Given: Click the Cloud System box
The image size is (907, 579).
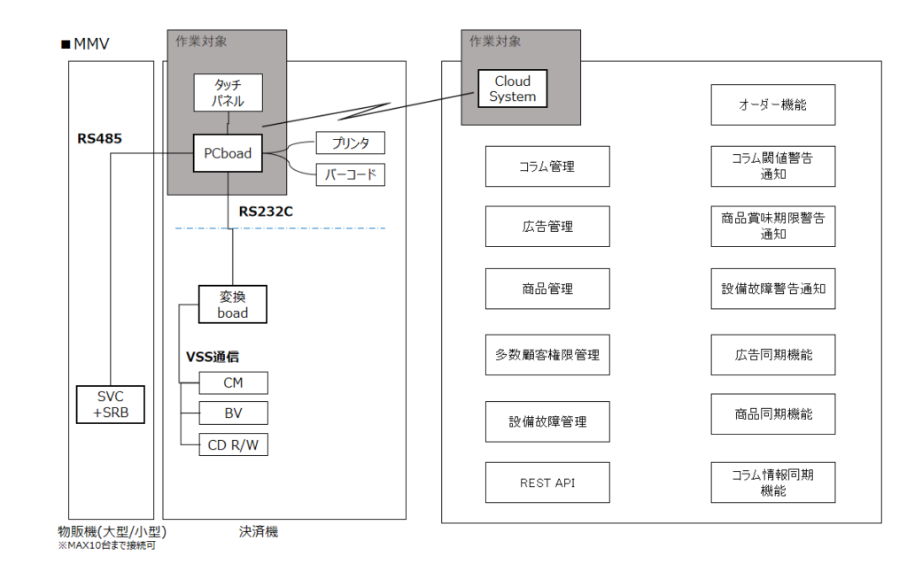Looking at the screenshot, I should coord(513,89).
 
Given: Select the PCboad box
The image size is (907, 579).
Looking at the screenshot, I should coord(228,153).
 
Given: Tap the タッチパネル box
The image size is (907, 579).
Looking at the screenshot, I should coord(228,92).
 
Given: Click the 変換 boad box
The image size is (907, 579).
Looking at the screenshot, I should coord(232,305).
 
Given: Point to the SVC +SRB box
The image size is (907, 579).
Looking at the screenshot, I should coord(109,405).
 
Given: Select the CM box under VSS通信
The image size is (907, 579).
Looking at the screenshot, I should coord(233,382).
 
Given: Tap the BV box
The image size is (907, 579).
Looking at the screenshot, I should coord(233,413).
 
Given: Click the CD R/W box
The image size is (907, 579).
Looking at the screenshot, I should coord(233,444).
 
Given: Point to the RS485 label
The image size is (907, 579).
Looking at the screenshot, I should coord(99,138).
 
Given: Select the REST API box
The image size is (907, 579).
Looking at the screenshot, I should coord(547,482).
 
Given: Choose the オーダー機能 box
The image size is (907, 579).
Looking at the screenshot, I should coord(772,104).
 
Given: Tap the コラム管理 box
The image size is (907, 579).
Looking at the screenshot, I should coord(547,166).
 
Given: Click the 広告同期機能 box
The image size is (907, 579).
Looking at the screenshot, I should coord(772,354).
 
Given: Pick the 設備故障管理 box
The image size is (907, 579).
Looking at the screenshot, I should coord(547,421).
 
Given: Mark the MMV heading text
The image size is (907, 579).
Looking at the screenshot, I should coord(85,44).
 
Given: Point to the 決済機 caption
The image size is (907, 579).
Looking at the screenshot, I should coord(259,532).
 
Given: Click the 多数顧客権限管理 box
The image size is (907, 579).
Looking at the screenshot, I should coord(547,354).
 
